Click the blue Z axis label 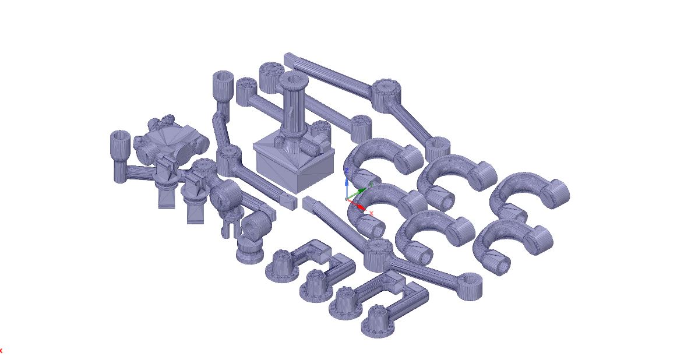click(346, 171)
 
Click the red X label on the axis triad click(371, 213)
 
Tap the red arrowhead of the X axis click(362, 206)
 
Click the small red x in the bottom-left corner click(1, 351)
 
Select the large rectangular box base click(294, 163)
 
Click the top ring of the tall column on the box click(294, 79)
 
